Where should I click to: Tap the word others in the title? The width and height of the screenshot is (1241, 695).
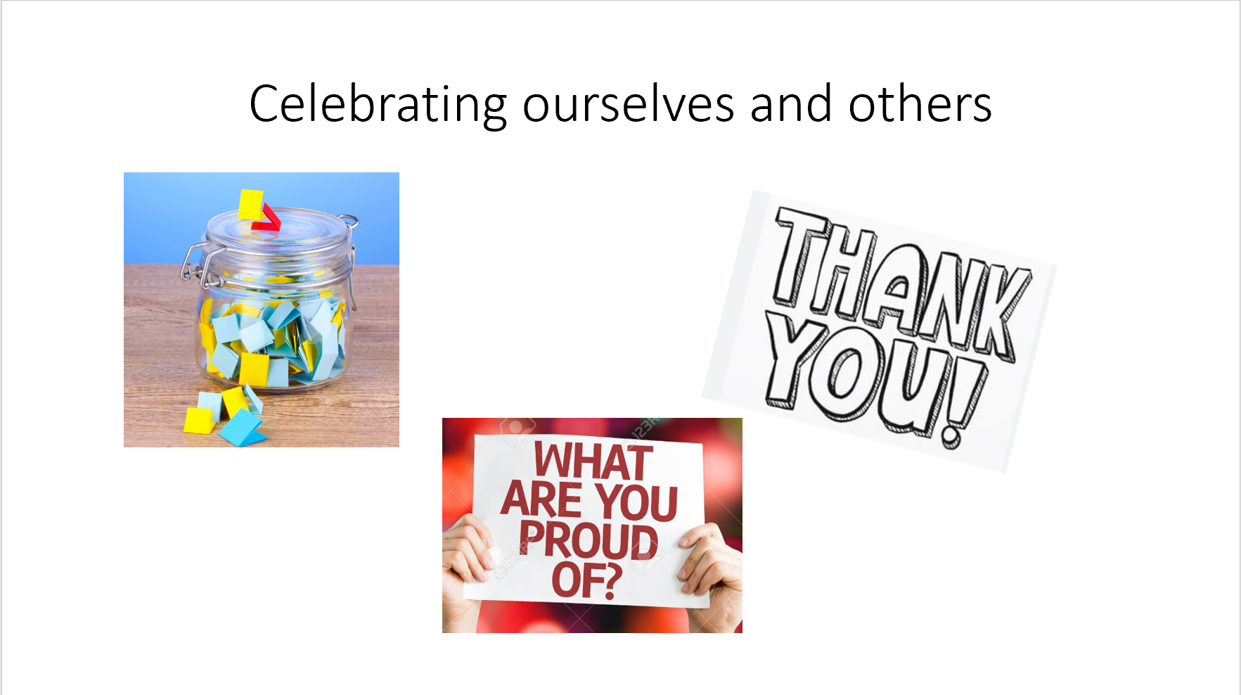[920, 105]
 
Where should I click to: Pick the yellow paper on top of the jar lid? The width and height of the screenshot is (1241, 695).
[250, 204]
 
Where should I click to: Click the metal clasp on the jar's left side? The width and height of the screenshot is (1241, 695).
[194, 264]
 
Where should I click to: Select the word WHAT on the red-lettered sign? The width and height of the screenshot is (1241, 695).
[593, 461]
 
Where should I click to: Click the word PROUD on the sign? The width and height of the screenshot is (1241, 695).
[589, 540]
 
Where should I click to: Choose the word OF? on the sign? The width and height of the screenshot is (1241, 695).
[587, 580]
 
